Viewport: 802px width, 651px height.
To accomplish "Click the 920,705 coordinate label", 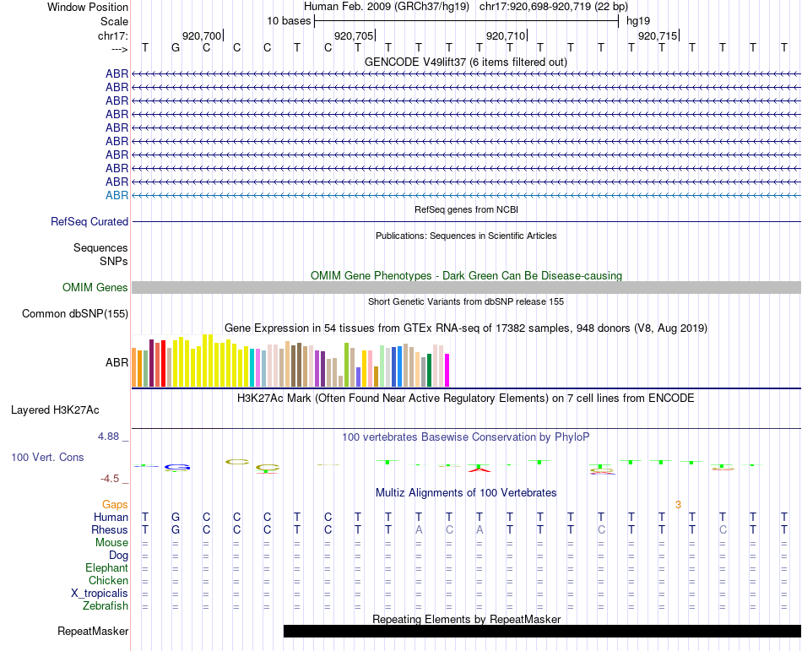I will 353,35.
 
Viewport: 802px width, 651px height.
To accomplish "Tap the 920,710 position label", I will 505,35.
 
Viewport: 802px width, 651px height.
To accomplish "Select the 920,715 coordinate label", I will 657,35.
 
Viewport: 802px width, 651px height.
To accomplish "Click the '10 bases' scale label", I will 288,20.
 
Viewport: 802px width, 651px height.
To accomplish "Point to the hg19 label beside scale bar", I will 638,20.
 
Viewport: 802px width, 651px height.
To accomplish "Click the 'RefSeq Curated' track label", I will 89,222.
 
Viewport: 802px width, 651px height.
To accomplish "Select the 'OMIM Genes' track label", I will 95,288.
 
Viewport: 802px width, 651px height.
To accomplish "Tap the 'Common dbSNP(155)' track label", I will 74,314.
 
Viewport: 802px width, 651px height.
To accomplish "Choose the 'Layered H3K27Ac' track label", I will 55,410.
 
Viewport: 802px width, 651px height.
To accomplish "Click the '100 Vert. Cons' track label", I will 47,457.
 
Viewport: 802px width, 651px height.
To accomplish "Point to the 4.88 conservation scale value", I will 110,437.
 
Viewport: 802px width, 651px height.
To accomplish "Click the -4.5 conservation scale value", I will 111,479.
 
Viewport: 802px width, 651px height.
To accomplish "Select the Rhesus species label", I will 110,529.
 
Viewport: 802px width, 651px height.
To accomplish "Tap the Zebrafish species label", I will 106,605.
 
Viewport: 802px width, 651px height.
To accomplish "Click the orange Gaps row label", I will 115,504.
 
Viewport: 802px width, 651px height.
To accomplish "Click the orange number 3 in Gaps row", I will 678,504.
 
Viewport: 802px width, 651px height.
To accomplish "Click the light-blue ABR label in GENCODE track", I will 117,195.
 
